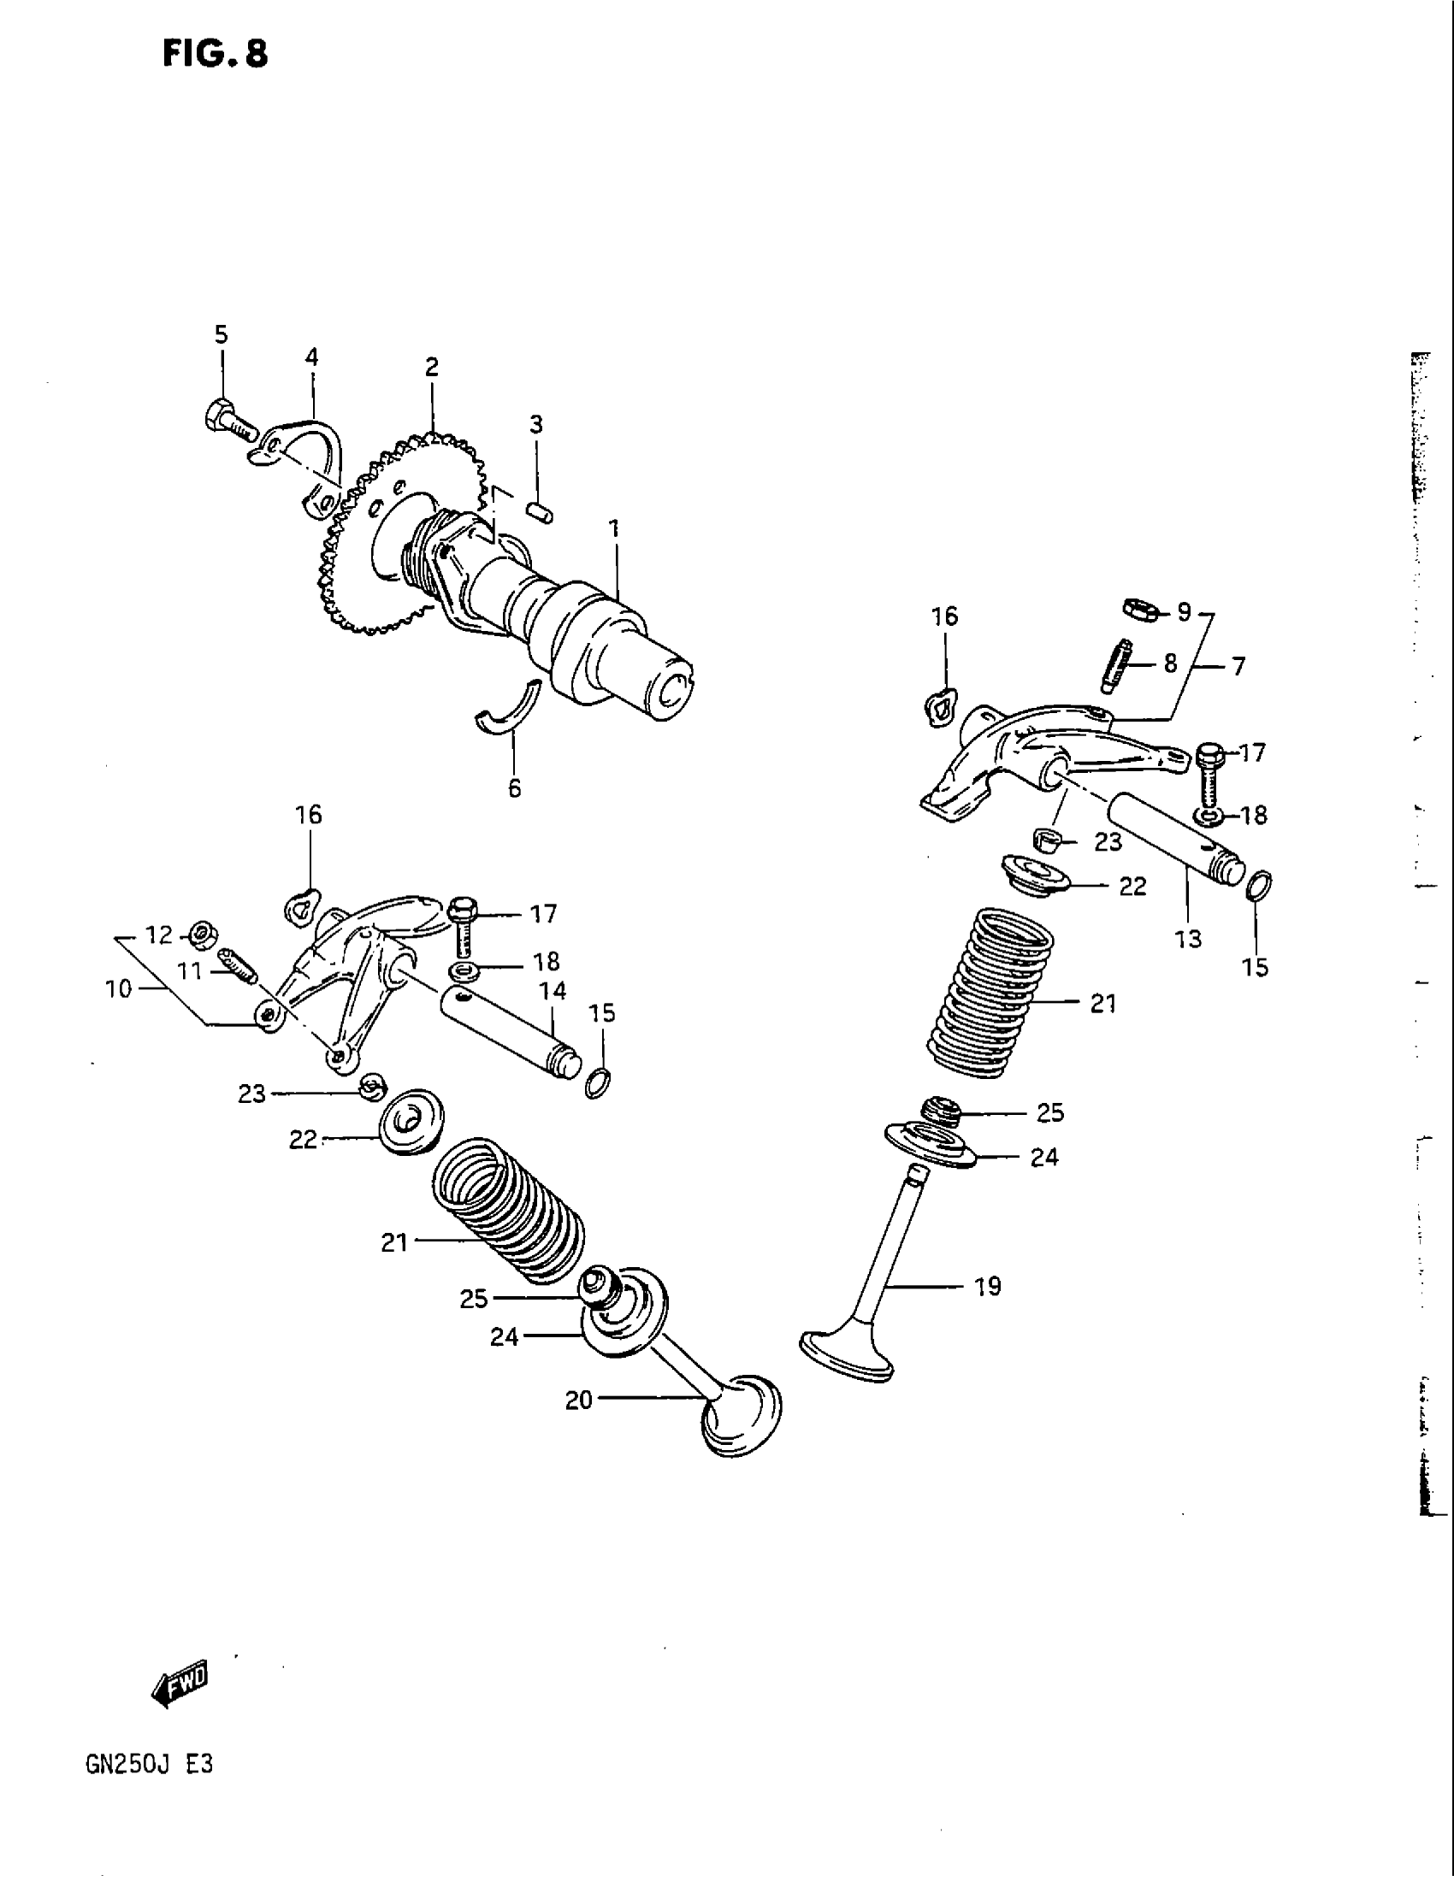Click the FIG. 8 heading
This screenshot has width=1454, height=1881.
click(x=216, y=53)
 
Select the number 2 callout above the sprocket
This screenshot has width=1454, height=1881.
click(x=432, y=368)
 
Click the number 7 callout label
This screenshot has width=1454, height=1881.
click(x=1238, y=666)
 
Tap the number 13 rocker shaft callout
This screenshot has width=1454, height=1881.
click(x=1188, y=939)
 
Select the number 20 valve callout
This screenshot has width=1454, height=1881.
click(x=579, y=1401)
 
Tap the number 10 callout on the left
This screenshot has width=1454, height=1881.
click(x=119, y=988)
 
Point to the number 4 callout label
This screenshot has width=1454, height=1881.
click(x=312, y=357)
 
